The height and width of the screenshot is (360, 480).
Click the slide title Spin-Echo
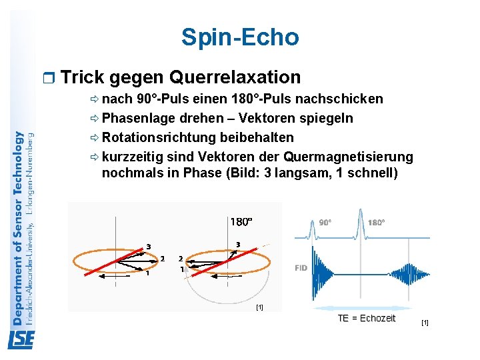tap(240, 37)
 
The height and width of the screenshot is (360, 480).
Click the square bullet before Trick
tap(45, 78)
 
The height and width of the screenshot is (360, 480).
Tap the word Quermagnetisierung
tap(348, 157)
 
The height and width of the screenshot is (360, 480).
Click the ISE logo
tap(21, 340)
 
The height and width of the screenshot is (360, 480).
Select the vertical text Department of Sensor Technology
tap(18, 227)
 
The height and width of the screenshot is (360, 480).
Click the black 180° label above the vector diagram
tap(241, 221)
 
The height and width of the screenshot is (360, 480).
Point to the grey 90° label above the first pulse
tap(326, 223)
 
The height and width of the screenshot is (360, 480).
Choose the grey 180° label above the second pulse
tap(376, 223)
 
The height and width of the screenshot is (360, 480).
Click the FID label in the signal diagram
tap(301, 268)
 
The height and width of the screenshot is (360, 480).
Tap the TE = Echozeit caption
tap(366, 318)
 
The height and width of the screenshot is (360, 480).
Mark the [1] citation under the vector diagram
tap(259, 307)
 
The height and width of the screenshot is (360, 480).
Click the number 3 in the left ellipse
tap(148, 247)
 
